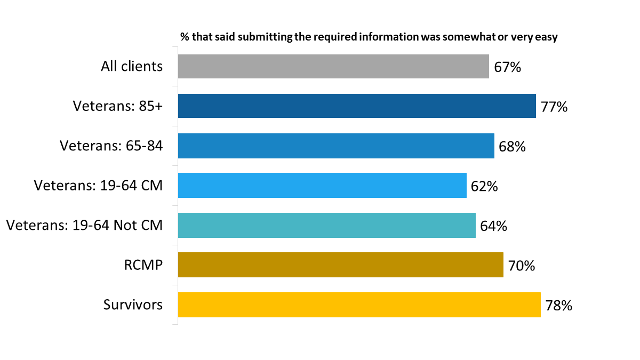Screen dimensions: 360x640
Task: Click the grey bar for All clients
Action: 333,67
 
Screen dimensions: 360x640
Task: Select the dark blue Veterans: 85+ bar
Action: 357,106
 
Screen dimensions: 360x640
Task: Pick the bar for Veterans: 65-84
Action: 336,146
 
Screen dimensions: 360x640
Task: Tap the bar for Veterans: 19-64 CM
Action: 322,186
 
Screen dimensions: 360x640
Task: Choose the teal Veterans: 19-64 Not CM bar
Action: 326,226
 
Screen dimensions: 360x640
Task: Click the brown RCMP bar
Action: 340,265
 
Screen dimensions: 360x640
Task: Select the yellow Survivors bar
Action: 359,305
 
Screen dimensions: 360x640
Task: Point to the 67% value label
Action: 507,67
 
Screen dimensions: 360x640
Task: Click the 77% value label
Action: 554,107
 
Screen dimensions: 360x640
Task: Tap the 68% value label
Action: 513,147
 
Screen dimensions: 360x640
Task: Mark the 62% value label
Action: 484,186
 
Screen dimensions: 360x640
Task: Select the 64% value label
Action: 493,226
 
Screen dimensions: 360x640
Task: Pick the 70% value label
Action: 522,266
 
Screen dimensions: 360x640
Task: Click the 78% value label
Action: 558,306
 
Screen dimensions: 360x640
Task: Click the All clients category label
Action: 132,67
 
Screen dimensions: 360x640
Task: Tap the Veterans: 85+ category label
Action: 118,106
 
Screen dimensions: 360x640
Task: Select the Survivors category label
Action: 133,305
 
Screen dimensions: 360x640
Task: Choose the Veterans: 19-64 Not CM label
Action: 84,226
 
